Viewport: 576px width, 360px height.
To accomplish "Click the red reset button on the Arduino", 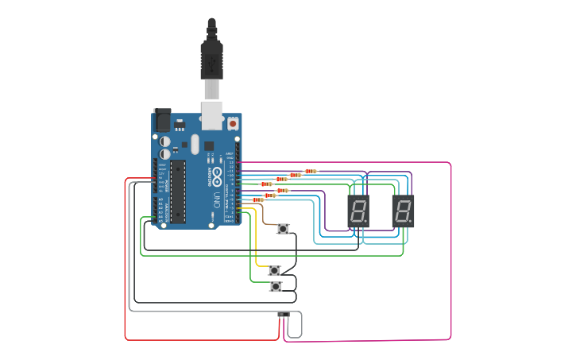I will (x=233, y=124).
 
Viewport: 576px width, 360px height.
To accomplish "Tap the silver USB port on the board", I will (x=211, y=115).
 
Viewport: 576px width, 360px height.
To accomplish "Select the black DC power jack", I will (x=162, y=119).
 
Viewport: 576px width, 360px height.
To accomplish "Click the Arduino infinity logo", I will (x=214, y=177).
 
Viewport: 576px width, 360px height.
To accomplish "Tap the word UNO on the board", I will (x=215, y=198).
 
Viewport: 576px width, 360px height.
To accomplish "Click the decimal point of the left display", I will (x=365, y=222).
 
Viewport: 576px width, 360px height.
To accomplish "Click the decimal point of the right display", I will (x=410, y=222).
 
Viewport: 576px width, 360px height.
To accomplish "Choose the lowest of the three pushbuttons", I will (x=276, y=286).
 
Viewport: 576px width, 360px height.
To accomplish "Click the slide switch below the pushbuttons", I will (x=283, y=315).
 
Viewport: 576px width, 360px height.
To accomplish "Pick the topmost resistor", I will (x=311, y=171).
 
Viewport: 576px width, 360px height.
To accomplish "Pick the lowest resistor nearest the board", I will (x=257, y=200).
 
